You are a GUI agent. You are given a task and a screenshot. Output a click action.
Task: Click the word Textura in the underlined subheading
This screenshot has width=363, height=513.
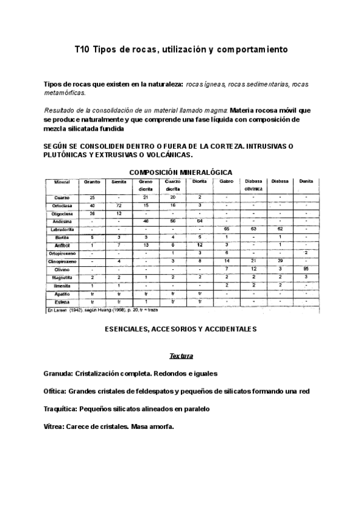tap(181, 356)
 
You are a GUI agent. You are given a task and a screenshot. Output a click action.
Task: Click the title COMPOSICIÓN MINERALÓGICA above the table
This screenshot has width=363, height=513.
tap(181, 172)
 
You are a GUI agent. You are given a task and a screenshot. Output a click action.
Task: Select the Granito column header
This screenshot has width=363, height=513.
tap(92, 181)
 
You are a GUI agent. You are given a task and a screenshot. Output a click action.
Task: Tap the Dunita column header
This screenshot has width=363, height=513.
tap(306, 181)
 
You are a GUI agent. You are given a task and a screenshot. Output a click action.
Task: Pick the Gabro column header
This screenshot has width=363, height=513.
tap(226, 181)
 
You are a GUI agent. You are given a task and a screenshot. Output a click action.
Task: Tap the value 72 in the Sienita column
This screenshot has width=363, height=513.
tap(119, 206)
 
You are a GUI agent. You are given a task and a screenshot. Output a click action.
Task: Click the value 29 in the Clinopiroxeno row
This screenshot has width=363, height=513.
tap(280, 261)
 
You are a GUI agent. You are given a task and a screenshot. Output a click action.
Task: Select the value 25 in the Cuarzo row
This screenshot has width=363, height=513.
tap(92, 198)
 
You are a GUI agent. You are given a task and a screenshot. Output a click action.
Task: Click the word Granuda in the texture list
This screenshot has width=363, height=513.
tap(58, 373)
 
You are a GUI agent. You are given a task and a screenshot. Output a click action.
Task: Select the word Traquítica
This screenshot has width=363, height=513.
tap(61, 409)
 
